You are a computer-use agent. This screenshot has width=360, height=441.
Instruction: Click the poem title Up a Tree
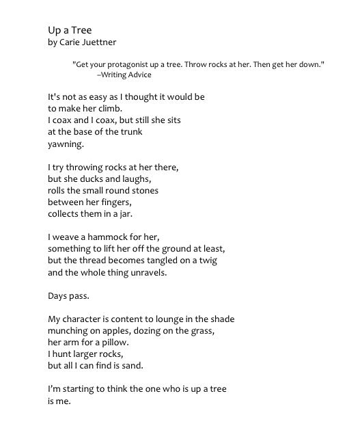click(x=69, y=31)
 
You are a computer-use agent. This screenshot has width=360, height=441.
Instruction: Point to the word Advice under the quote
click(x=137, y=75)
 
